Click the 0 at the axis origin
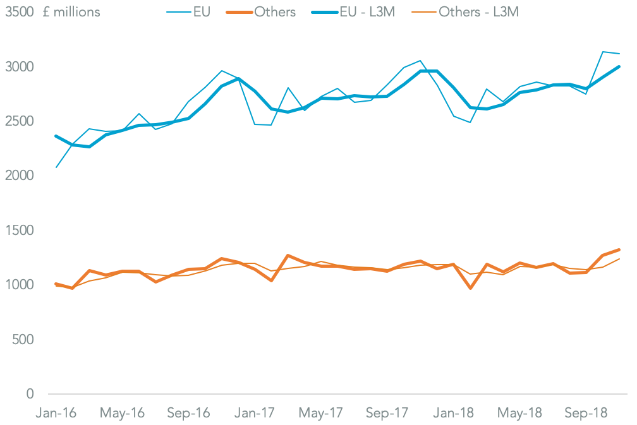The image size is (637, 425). tap(29, 394)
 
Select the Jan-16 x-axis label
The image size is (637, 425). tap(56, 413)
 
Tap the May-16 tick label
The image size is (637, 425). tap(123, 413)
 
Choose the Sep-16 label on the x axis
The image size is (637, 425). tap(188, 413)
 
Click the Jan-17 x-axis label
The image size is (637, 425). tap(255, 413)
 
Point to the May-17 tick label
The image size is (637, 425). tap(321, 413)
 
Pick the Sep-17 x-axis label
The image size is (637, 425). tap(387, 413)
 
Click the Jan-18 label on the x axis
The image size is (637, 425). tap(454, 413)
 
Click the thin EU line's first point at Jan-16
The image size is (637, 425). tap(56, 167)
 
